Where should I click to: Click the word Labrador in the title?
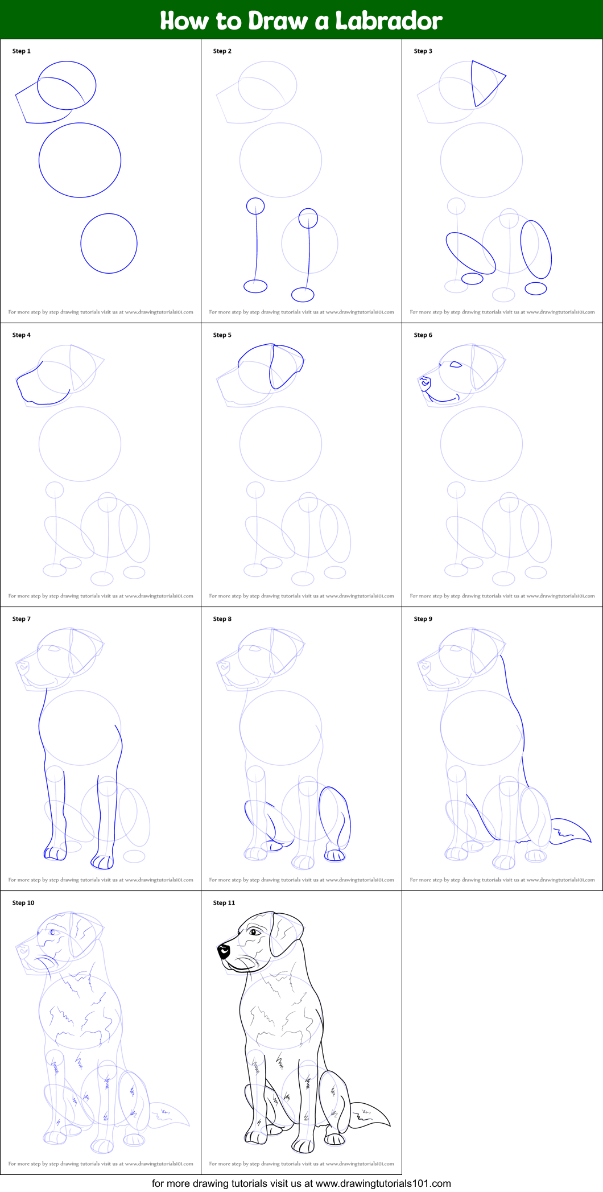click(x=389, y=20)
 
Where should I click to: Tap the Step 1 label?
click(x=22, y=51)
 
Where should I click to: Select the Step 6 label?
click(x=423, y=335)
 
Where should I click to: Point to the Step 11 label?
click(x=224, y=903)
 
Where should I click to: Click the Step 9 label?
click(x=423, y=619)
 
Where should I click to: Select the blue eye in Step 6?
click(x=456, y=365)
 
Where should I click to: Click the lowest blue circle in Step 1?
click(x=109, y=244)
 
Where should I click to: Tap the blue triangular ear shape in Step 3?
click(x=486, y=82)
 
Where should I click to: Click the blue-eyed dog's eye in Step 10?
click(x=53, y=932)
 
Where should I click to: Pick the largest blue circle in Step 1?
click(x=80, y=160)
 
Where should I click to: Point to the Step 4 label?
click(x=22, y=335)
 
